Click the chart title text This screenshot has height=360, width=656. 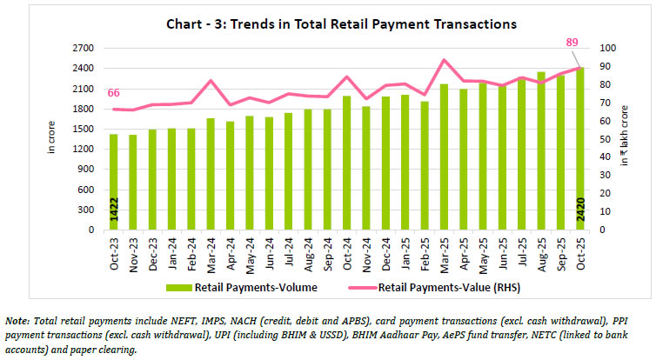[x=328, y=23]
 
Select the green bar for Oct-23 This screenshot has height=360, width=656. [x=113, y=183]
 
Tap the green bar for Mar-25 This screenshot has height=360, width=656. [x=444, y=157]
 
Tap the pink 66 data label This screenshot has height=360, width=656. [x=114, y=93]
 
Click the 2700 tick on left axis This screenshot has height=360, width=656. [x=83, y=48]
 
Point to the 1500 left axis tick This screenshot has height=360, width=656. [x=83, y=130]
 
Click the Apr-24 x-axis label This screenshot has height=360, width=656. [x=231, y=252]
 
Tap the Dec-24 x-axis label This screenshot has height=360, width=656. [x=385, y=252]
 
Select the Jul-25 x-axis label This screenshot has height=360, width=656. [x=521, y=252]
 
